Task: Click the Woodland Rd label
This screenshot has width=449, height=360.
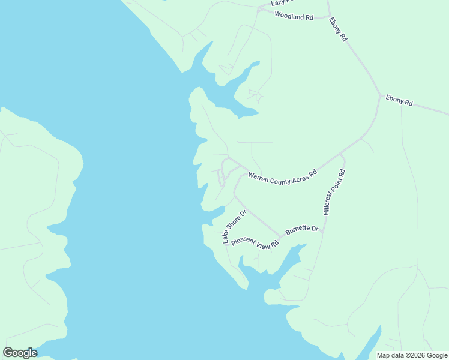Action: pyautogui.click(x=294, y=17)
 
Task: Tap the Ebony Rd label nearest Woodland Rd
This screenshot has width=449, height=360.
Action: pyautogui.click(x=338, y=29)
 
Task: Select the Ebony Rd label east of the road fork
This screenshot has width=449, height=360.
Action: pyautogui.click(x=399, y=100)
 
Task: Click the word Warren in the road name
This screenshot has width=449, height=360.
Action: pyautogui.click(x=260, y=177)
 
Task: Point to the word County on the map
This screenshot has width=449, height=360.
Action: pyautogui.click(x=284, y=179)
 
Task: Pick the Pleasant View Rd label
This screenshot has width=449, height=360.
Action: pyautogui.click(x=255, y=242)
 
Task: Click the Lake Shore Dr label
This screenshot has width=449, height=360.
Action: pyautogui.click(x=235, y=227)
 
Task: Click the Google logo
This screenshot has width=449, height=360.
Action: pyautogui.click(x=20, y=353)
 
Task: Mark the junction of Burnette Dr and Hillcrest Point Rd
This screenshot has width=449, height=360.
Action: pyautogui.click(x=323, y=231)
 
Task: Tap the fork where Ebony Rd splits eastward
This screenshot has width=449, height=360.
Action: pyautogui.click(x=379, y=95)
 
